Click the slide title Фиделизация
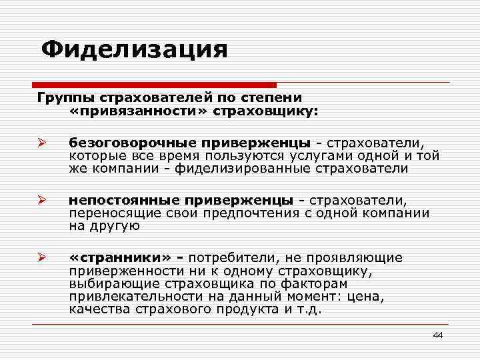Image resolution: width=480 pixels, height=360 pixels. [133, 49]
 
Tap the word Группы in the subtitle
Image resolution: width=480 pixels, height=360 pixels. [63, 98]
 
